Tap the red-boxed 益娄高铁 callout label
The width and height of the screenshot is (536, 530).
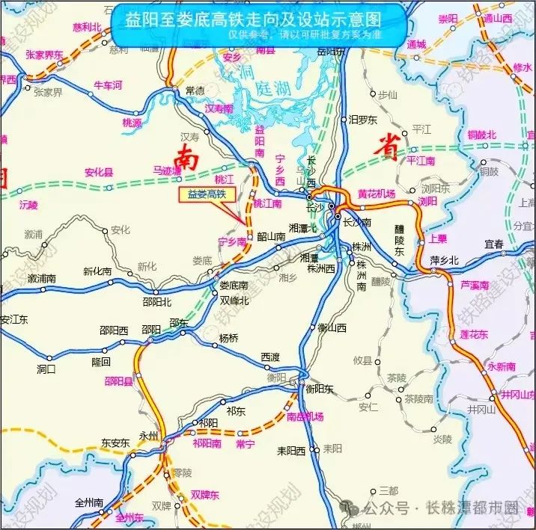click(x=207, y=195)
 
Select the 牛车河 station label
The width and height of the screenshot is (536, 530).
click(x=107, y=86)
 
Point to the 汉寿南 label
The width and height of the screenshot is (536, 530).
click(x=219, y=108)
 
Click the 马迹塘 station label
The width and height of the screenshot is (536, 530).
click(x=167, y=171)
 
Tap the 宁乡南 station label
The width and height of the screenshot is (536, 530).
click(x=231, y=242)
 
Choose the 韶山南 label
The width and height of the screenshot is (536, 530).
click(x=271, y=237)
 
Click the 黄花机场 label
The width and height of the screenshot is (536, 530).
click(x=376, y=194)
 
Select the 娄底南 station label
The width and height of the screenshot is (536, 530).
click(x=234, y=286)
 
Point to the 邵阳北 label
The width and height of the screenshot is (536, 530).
click(x=156, y=302)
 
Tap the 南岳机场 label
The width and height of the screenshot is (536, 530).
click(x=305, y=416)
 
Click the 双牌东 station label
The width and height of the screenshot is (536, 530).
click(x=204, y=494)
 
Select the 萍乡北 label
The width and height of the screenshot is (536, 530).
click(x=443, y=260)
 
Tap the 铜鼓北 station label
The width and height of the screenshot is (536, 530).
click(x=481, y=135)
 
